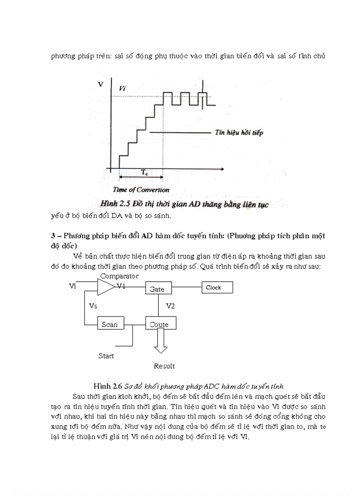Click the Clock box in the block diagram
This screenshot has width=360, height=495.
pyautogui.click(x=217, y=288)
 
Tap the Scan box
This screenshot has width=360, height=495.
pyautogui.click(x=110, y=324)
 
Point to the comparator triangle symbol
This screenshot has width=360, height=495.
pyautogui.click(x=105, y=287)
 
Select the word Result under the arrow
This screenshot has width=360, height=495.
pyautogui.click(x=164, y=366)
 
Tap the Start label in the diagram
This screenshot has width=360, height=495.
pyautogui.click(x=106, y=356)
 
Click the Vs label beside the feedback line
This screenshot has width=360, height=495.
pyautogui.click(x=93, y=305)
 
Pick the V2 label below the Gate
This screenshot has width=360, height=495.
pyautogui.click(x=170, y=305)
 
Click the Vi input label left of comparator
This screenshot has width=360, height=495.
pyautogui.click(x=73, y=286)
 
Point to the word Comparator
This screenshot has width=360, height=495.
pyautogui.click(x=119, y=276)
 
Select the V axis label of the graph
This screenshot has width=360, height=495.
pyautogui.click(x=101, y=84)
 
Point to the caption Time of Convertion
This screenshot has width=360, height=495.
pyautogui.click(x=141, y=190)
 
